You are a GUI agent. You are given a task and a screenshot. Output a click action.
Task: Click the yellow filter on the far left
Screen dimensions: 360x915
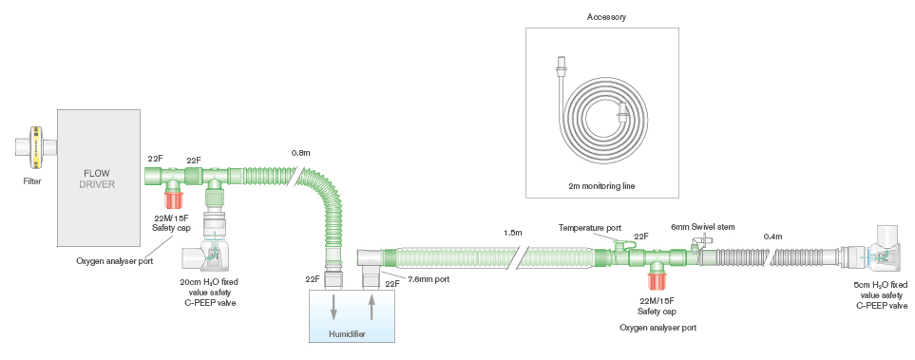point(35,147)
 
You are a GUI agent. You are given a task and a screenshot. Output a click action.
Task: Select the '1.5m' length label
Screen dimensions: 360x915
point(514,233)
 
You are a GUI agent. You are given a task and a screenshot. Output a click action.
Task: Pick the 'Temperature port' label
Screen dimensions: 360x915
point(590,227)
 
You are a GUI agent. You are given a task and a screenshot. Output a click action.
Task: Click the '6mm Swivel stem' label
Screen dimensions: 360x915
point(702,226)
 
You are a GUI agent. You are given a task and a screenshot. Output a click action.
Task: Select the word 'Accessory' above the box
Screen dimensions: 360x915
point(606,17)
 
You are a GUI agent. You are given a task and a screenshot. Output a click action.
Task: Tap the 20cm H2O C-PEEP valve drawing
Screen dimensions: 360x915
point(212,253)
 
